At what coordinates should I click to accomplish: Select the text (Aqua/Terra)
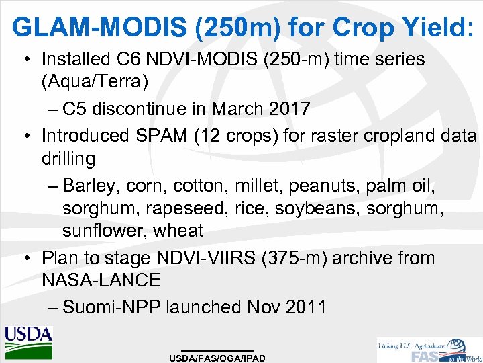point(95,83)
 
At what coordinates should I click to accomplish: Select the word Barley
point(95,184)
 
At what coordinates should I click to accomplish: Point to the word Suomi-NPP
point(111,307)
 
